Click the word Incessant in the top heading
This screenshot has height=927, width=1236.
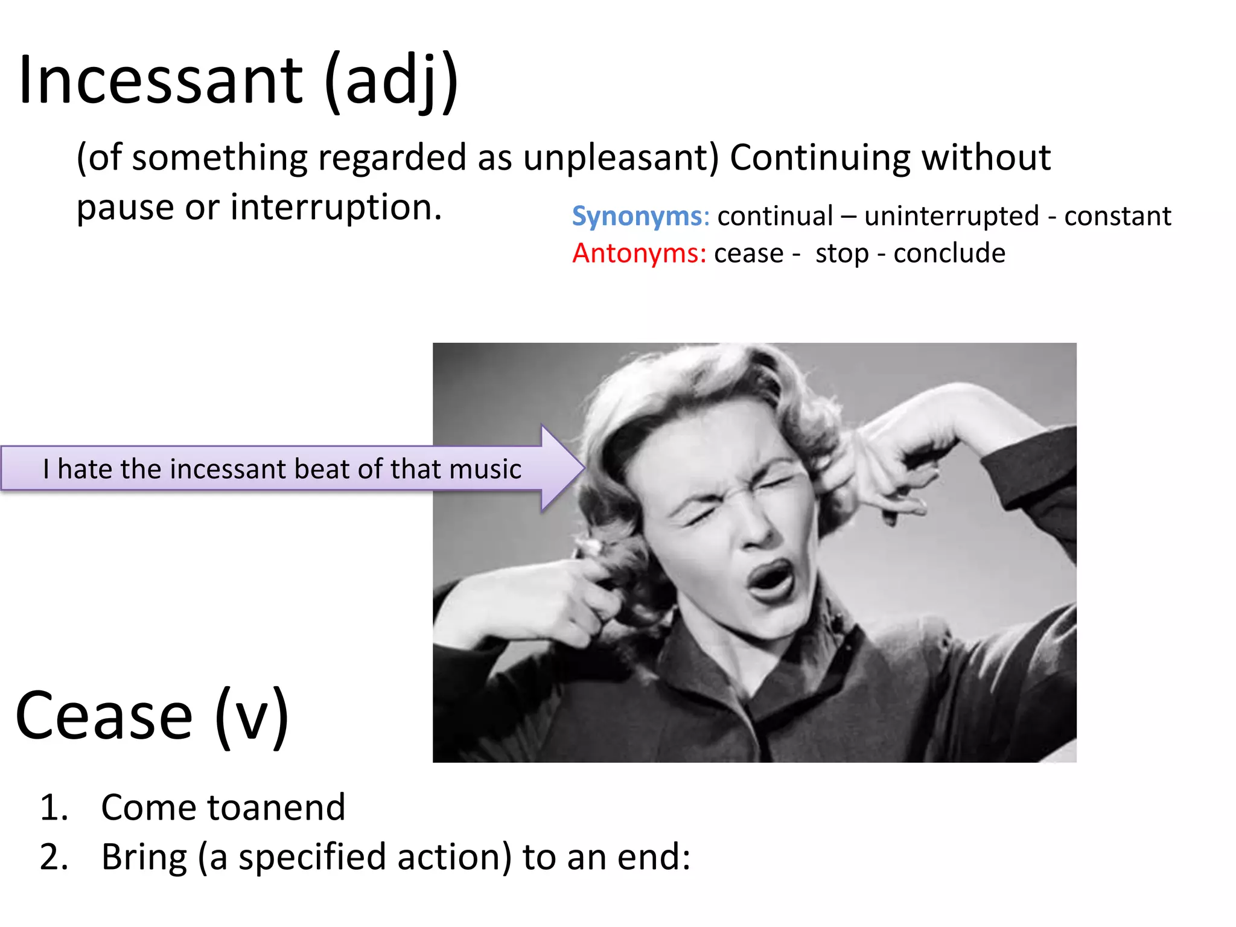[x=161, y=80]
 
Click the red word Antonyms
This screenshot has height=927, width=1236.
[x=639, y=253]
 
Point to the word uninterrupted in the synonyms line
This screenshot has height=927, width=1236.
[x=952, y=216]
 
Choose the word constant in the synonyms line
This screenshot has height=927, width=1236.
[x=1117, y=216]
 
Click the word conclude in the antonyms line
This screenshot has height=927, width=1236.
[x=949, y=253]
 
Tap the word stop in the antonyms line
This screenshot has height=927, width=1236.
[x=842, y=254]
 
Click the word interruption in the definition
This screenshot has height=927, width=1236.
[x=336, y=207]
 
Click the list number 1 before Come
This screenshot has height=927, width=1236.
[x=53, y=808]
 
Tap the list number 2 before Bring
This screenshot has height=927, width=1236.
[x=53, y=857]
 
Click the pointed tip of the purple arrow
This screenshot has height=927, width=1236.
[x=583, y=468]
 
